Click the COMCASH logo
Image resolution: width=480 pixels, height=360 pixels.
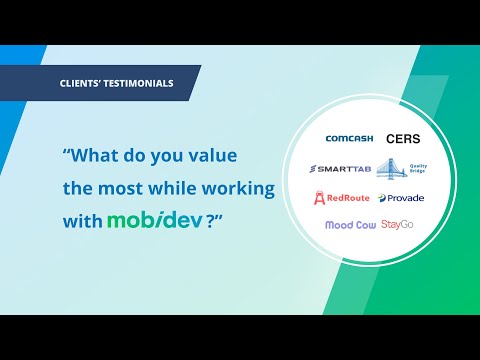(x=350, y=138)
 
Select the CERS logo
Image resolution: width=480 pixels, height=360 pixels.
(x=403, y=138)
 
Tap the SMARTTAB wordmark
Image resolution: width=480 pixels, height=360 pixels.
(x=346, y=167)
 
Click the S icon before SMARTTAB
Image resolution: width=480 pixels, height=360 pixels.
(x=316, y=167)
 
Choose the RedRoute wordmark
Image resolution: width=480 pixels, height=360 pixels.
(x=354, y=197)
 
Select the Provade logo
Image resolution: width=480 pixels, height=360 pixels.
(x=405, y=198)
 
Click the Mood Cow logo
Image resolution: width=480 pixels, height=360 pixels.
(x=350, y=225)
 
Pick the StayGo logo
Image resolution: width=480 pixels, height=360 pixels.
(x=398, y=225)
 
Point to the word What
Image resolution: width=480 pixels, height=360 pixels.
(x=93, y=157)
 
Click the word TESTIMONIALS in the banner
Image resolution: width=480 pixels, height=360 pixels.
(x=140, y=83)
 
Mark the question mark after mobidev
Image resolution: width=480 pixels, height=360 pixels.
(x=211, y=220)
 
